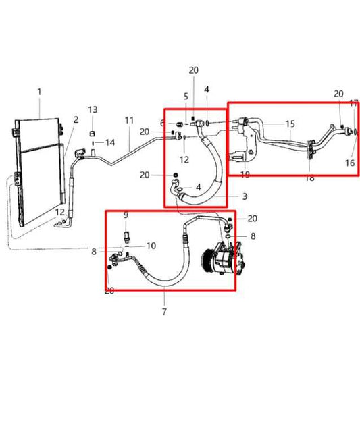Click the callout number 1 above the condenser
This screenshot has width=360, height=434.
click(x=39, y=92)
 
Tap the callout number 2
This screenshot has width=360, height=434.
click(x=76, y=119)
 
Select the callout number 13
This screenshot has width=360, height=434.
click(x=93, y=109)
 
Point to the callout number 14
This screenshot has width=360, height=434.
click(x=110, y=142)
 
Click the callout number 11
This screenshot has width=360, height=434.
click(x=129, y=120)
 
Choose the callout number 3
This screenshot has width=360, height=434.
click(x=245, y=196)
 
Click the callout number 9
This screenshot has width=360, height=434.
click(x=126, y=215)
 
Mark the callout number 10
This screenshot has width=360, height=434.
click(x=151, y=245)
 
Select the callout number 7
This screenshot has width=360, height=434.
click(x=164, y=312)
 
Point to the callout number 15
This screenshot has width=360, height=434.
click(x=290, y=124)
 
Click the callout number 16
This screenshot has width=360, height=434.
click(x=350, y=163)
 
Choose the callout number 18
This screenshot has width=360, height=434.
click(x=309, y=179)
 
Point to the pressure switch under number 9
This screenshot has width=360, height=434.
click(x=126, y=236)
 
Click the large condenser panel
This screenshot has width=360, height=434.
click(x=41, y=172)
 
